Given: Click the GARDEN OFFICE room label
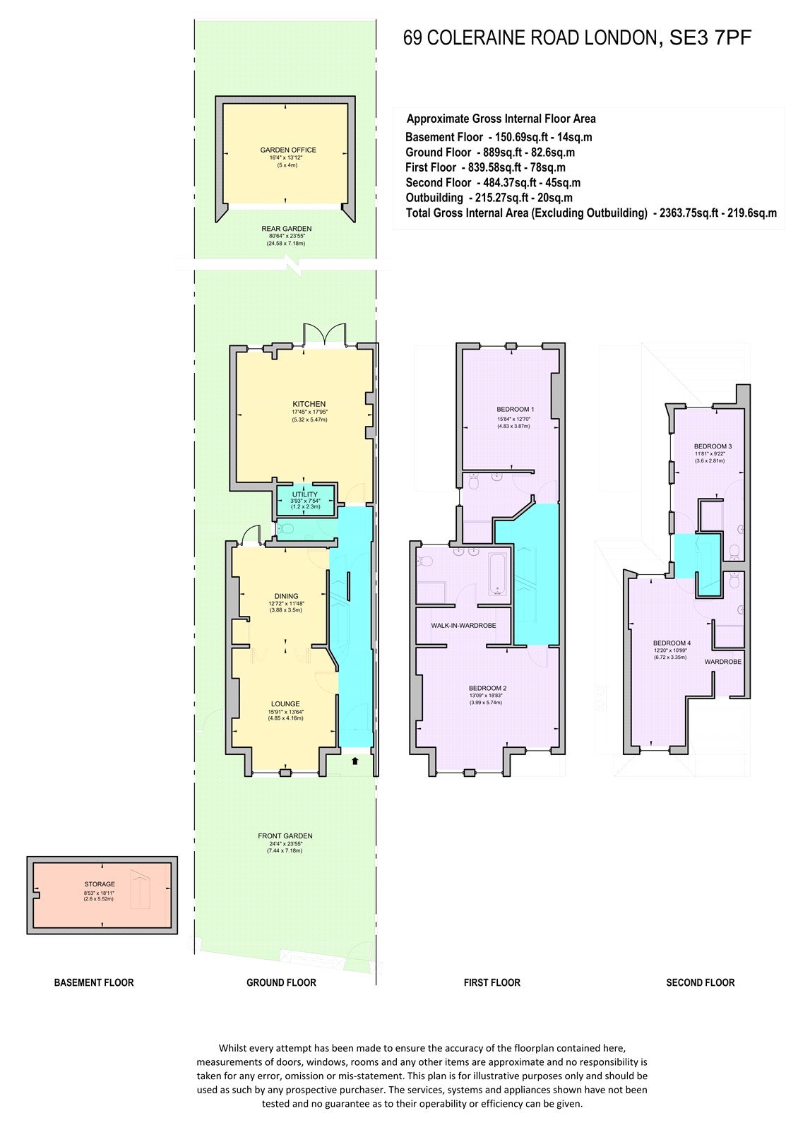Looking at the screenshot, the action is [288, 150].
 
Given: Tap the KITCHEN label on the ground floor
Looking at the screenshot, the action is [309, 403].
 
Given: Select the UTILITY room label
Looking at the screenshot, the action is [304, 494].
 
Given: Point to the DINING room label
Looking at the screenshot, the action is [286, 596].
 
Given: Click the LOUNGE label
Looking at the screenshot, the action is [285, 703].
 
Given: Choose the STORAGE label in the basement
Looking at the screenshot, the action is [100, 884].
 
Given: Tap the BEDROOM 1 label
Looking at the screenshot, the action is [515, 409].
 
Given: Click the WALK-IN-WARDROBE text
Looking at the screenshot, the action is [463, 626].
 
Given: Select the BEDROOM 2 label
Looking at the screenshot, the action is [487, 688].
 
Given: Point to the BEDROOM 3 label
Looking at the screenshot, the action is [713, 446].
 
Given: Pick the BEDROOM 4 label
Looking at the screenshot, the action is [672, 643].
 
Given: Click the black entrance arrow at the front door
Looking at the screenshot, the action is [355, 761].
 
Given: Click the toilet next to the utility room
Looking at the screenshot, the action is [285, 529].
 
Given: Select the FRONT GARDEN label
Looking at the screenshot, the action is [285, 836].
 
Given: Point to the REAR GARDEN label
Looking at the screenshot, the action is [286, 229].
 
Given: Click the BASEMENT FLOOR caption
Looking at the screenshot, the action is [94, 982].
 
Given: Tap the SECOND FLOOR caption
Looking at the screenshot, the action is [700, 982].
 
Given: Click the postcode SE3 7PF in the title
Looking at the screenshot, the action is [710, 38].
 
